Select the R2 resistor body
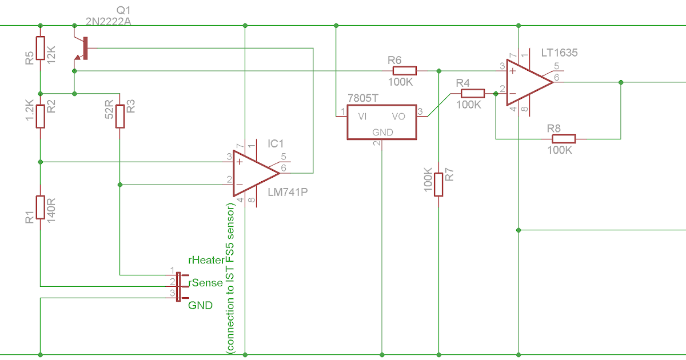tap(40, 116)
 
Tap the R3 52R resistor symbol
tap(120, 116)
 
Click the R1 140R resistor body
tap(40, 207)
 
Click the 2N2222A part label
tap(108, 22)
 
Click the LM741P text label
tap(288, 192)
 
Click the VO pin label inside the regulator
tap(398, 116)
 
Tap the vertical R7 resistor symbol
tap(438, 185)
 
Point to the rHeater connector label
tap(206, 260)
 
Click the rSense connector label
tap(206, 283)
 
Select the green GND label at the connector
tap(200, 305)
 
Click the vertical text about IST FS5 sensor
tap(230, 279)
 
